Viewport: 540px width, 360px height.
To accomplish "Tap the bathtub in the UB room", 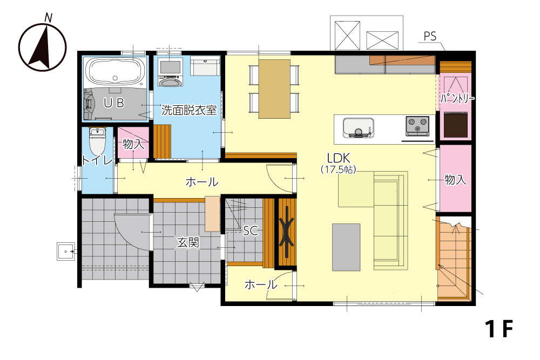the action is (x=114, y=73).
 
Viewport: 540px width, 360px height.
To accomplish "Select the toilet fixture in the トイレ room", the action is (x=97, y=141).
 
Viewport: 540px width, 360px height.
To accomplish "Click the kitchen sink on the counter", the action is (x=359, y=128).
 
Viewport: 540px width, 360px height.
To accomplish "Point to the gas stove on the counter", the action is (x=417, y=126).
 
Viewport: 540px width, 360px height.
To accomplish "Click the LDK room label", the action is (x=339, y=158).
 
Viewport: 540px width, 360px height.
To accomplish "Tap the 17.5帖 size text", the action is (x=339, y=169).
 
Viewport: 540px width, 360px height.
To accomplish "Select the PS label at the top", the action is (x=430, y=36).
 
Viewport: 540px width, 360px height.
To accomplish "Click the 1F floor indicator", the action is (x=498, y=329).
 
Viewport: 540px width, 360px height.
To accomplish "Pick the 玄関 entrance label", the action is (x=188, y=243).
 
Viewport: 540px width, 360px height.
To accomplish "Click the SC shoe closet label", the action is (x=251, y=230).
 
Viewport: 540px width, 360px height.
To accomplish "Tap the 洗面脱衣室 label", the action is (x=189, y=110).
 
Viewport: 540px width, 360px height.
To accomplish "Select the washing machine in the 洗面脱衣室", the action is (x=170, y=72).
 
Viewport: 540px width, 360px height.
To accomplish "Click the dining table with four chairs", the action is (x=274, y=89).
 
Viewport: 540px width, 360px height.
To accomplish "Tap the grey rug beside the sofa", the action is (x=346, y=247).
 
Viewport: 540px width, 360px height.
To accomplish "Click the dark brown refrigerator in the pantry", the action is (x=456, y=125).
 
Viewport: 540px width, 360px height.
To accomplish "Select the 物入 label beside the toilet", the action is (x=133, y=144).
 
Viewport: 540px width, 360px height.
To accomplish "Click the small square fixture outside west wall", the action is (x=65, y=251).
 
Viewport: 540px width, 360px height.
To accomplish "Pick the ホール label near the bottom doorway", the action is (x=261, y=284).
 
